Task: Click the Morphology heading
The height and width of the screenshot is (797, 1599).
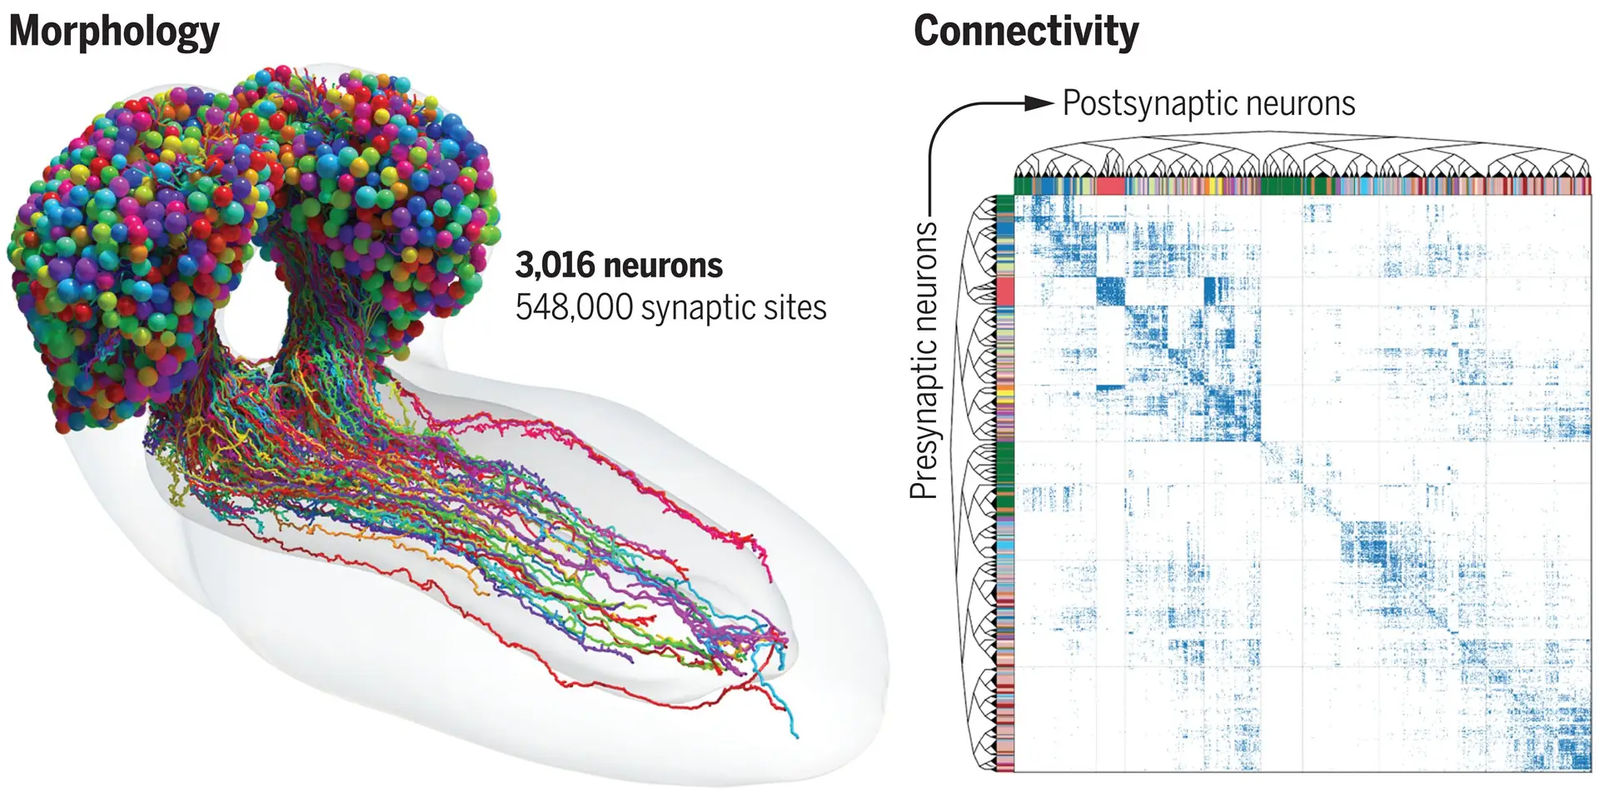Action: (x=114, y=32)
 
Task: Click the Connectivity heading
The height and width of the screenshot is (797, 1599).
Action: (x=1025, y=32)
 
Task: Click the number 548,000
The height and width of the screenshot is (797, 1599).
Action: (x=574, y=308)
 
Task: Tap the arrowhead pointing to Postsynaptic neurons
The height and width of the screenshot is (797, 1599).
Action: (x=1039, y=103)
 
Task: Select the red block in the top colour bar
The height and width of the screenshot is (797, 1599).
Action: (x=1111, y=186)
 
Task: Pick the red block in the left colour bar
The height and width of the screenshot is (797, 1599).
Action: (x=1005, y=292)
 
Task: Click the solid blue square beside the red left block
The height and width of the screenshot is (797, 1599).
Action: (x=1110, y=292)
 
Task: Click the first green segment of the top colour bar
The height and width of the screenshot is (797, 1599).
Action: (x=1023, y=186)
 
